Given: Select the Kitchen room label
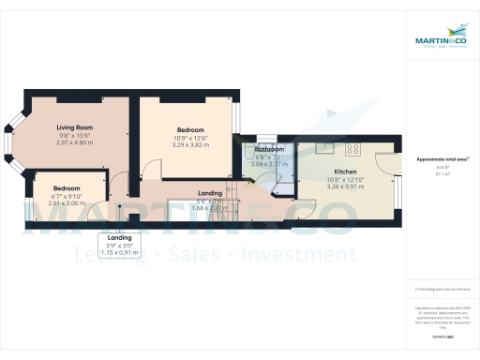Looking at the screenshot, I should [x=342, y=172].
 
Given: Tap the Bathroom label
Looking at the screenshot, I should [x=270, y=149].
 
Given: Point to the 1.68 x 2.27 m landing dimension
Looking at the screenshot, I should [x=210, y=207].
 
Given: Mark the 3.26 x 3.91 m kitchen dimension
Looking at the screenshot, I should [x=342, y=187].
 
